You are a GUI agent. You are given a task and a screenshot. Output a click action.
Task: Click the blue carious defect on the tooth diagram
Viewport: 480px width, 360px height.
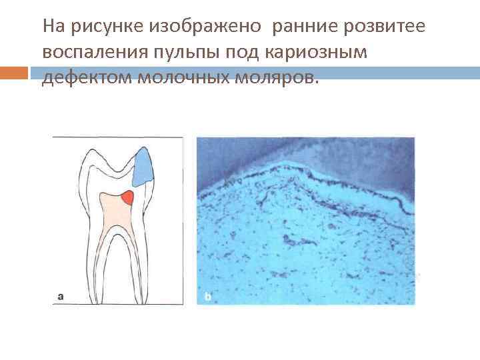click(x=143, y=167)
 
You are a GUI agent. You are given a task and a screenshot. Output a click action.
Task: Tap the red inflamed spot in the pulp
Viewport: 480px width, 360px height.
click(x=127, y=197)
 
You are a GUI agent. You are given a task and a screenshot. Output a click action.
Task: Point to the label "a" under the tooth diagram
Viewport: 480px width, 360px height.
click(x=61, y=296)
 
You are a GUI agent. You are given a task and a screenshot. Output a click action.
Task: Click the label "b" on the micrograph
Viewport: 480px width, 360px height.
click(x=207, y=296)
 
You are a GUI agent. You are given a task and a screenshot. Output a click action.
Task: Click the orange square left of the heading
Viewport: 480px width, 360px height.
click(x=14, y=72)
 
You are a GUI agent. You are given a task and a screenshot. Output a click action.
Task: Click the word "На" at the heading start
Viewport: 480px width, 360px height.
click(x=51, y=28)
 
